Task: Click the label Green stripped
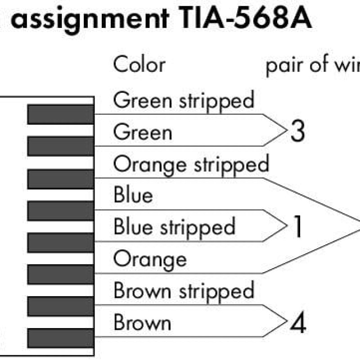coord(184,100)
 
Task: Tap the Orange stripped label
coord(191,164)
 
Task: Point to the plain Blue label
coord(133,196)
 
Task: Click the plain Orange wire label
coord(150,259)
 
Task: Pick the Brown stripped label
coord(184,291)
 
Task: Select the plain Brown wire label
coord(142,323)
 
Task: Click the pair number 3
coord(297,131)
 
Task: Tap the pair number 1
coord(297,227)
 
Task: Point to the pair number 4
coord(297,323)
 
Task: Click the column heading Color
coord(139,65)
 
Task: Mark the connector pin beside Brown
coord(61,337)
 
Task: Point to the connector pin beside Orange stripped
coord(61,179)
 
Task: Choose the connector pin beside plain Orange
coord(61,274)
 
